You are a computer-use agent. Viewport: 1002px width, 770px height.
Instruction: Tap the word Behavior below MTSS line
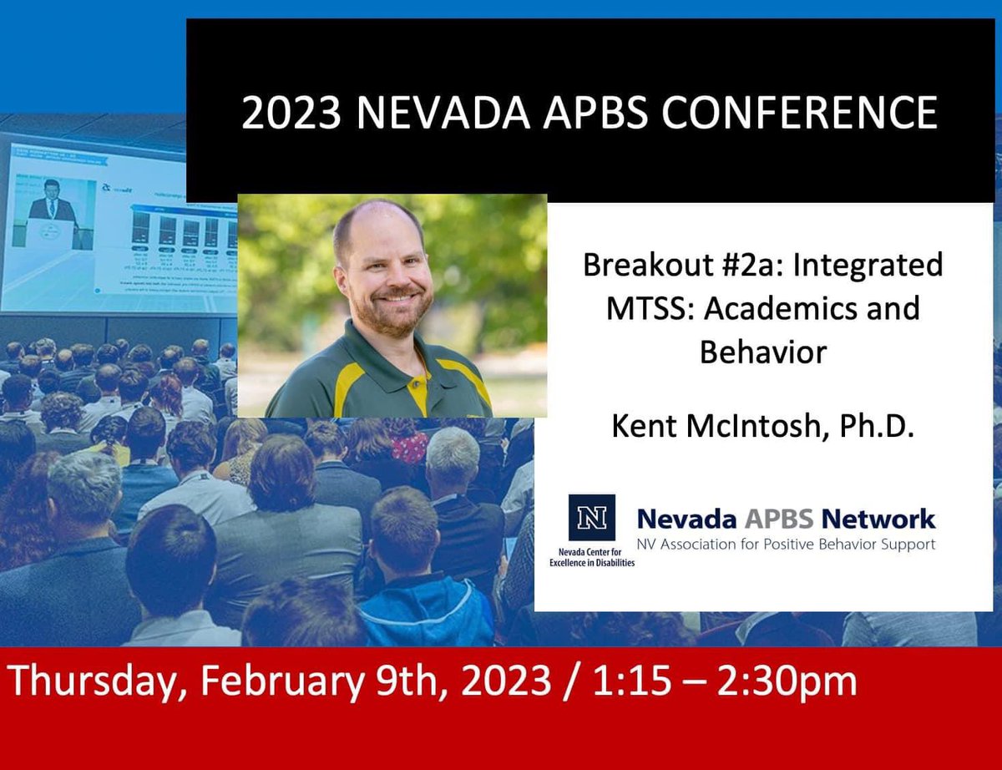(x=762, y=352)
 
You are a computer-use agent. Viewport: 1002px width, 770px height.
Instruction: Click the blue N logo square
(x=591, y=518)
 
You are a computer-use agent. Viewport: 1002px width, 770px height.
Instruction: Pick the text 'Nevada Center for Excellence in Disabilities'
(x=592, y=557)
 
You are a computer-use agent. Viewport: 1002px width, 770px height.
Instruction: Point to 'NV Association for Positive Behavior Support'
(x=786, y=545)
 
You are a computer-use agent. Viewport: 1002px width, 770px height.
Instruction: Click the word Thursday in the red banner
(x=92, y=681)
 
